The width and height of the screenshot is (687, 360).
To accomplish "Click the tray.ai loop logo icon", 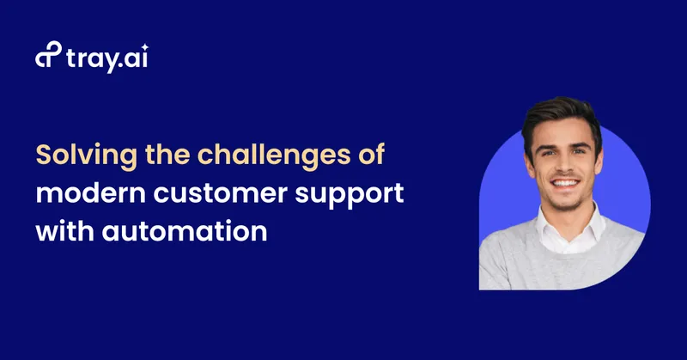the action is [48, 54].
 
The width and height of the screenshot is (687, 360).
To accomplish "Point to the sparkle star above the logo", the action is [144, 47].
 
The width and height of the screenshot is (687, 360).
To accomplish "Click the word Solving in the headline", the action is [87, 155].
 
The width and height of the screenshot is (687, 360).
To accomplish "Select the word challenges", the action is [274, 155].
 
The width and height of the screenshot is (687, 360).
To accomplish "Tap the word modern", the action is [91, 193].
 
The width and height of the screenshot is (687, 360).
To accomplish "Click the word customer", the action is [221, 194].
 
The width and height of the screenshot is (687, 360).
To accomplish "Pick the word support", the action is [350, 196].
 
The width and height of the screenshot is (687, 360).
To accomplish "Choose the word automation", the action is [185, 231].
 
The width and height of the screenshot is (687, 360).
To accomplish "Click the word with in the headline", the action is [65, 230].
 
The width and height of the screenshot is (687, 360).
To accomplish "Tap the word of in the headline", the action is [372, 154].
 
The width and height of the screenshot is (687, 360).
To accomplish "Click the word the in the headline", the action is [167, 154].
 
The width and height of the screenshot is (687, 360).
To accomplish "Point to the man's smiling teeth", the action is [565, 182].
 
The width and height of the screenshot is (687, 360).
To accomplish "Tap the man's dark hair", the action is [561, 116].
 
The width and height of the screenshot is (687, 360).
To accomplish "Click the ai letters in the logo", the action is [136, 58].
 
